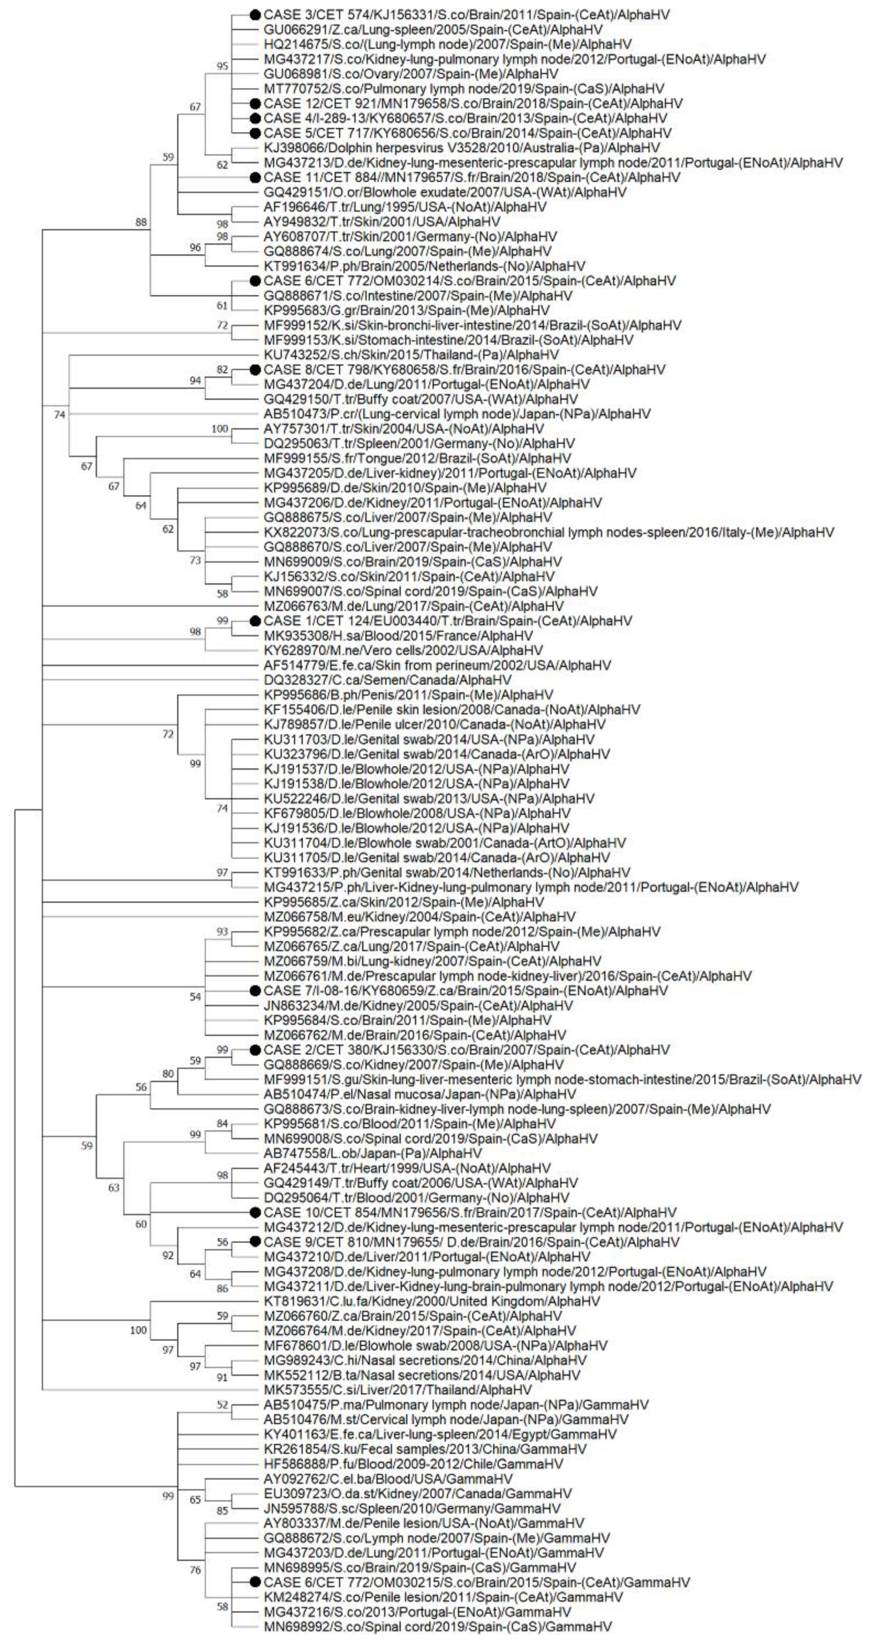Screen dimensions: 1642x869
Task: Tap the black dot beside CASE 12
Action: pos(255,103)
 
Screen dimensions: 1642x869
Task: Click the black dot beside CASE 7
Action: pos(255,991)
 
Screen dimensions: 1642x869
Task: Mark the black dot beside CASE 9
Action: pos(255,1242)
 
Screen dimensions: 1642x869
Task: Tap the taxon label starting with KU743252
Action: pos(411,355)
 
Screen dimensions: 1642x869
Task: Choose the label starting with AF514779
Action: pos(437,665)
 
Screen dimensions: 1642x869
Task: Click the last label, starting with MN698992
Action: pos(438,1626)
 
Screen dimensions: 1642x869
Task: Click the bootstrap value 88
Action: pos(141,222)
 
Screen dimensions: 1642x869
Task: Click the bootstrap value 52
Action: pos(222,1405)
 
